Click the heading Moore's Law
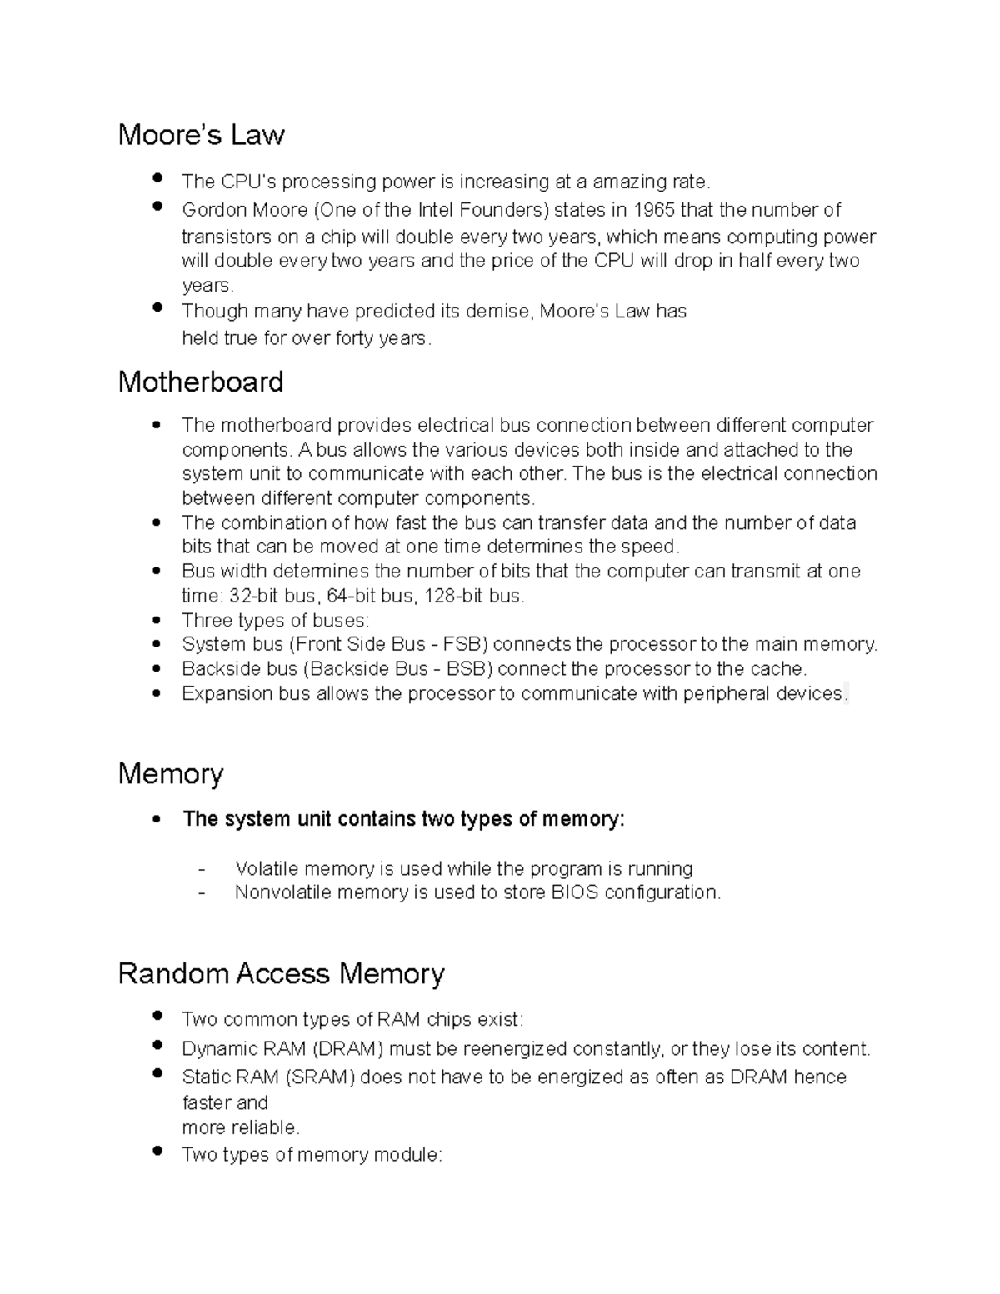point(201,135)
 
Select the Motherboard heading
point(201,382)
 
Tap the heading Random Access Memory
point(281,973)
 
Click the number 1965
point(653,209)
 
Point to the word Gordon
point(209,209)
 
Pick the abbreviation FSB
point(462,644)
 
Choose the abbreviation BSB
point(467,669)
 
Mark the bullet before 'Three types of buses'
point(157,621)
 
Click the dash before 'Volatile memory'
point(202,869)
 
